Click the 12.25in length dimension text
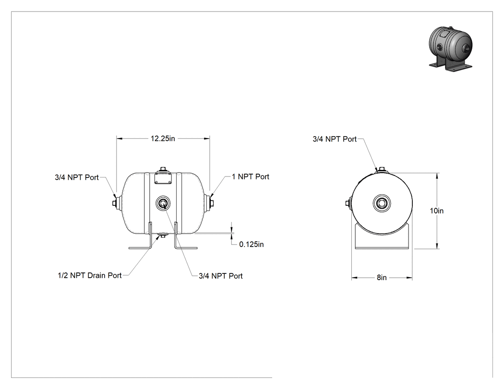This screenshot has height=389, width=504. point(163,139)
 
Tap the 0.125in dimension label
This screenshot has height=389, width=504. point(252,245)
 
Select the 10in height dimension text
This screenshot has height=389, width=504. point(436,211)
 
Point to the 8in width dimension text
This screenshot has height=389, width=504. point(382,278)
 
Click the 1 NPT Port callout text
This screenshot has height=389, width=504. point(251,177)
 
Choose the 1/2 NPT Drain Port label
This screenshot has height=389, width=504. point(90,276)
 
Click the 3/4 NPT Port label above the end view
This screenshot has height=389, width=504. point(335,139)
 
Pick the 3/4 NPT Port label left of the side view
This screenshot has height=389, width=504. point(76,177)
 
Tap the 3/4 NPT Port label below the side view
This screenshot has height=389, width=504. point(220,276)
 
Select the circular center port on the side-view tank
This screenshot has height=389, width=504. point(163,203)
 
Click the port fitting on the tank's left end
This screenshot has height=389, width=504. point(116,203)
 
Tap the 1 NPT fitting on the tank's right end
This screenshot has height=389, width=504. point(210,203)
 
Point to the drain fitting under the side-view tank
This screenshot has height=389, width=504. point(163,236)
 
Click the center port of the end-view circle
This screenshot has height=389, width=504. point(382,203)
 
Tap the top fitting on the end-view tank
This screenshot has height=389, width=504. point(382,170)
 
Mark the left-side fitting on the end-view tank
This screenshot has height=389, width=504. point(348,203)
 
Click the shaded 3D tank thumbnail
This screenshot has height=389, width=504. point(451,48)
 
